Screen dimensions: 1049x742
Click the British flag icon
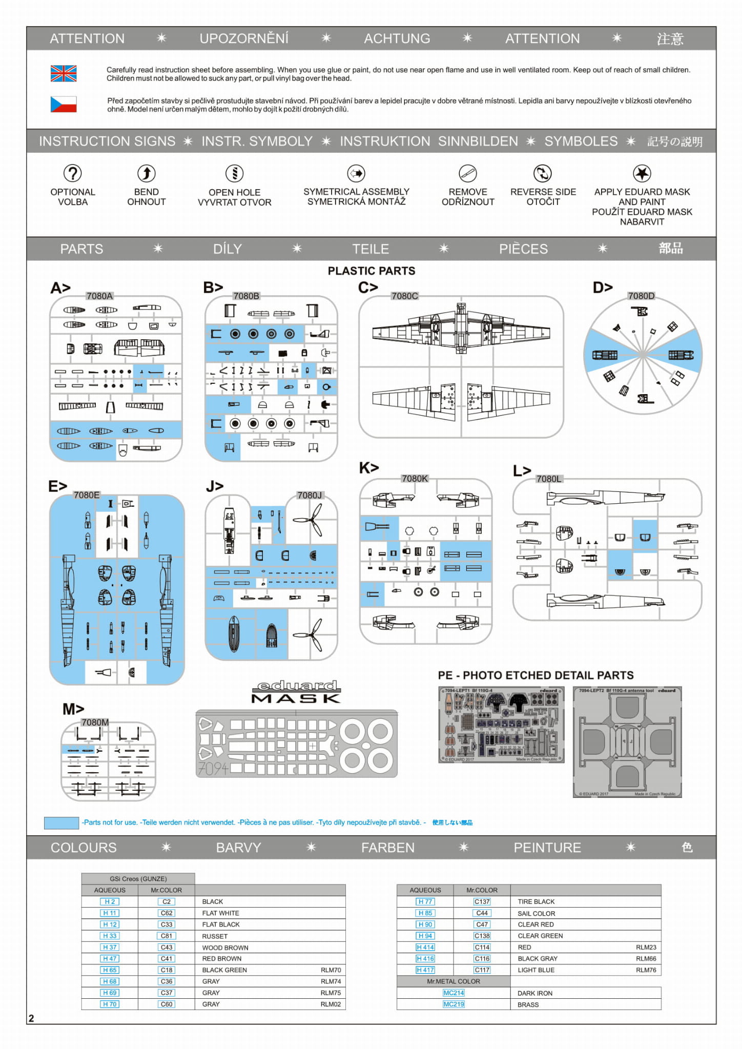pos(64,74)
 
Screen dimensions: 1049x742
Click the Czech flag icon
pos(64,104)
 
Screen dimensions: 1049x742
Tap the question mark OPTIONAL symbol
pos(73,173)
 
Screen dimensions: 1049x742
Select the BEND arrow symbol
pos(147,173)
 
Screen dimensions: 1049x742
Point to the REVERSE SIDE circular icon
pos(543,173)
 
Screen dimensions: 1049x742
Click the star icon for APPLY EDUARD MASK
pos(642,173)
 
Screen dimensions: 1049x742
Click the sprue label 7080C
pos(404,296)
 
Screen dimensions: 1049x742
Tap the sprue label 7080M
pos(95,722)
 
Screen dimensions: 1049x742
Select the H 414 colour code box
pos(425,947)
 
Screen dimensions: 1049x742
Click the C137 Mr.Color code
pos(482,901)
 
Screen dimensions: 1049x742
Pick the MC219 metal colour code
pos(454,1004)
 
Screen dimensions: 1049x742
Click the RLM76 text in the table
pos(646,970)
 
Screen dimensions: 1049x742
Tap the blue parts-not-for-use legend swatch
pos(61,822)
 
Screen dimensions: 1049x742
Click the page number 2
pos(31,1018)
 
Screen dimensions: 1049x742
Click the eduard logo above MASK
pos(297,686)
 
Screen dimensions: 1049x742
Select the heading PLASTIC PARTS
pos(372,271)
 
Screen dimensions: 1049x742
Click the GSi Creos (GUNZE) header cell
pos(138,878)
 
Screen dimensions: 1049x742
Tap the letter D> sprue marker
pos(603,287)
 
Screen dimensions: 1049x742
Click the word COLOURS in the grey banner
pos(84,848)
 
